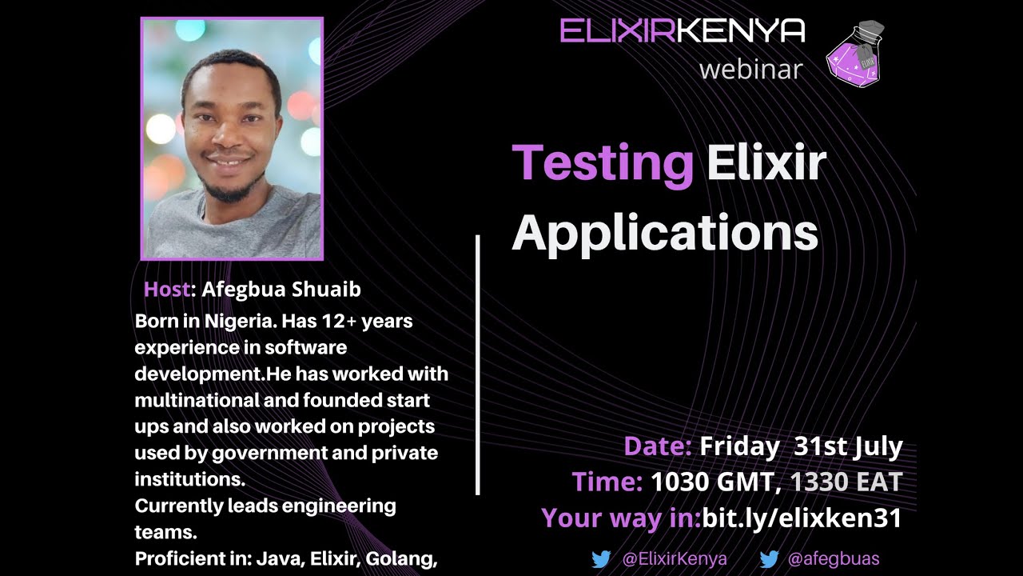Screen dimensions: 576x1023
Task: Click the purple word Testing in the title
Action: (x=603, y=164)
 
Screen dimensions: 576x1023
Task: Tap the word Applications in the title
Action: (x=665, y=233)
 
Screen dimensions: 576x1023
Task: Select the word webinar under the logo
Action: (x=750, y=70)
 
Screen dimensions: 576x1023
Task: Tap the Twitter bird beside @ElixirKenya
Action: (x=601, y=559)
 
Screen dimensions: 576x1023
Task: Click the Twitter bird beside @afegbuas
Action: (x=769, y=559)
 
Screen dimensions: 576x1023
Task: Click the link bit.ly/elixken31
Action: (x=802, y=518)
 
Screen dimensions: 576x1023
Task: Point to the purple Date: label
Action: (x=657, y=446)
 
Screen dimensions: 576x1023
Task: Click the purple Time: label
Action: (x=607, y=482)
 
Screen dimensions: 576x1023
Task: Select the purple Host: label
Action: (x=169, y=290)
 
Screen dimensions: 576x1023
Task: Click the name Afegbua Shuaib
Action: (x=281, y=290)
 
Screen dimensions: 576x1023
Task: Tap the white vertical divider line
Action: (x=478, y=365)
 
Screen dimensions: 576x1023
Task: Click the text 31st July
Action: (x=848, y=446)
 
